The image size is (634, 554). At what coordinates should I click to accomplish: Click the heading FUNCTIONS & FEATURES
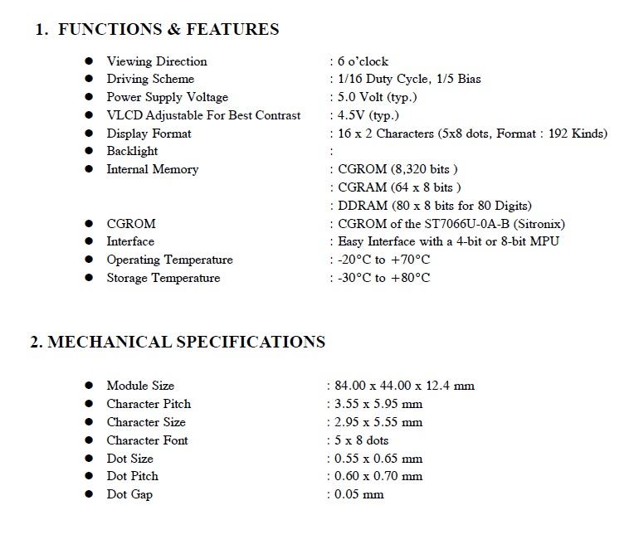coord(168,30)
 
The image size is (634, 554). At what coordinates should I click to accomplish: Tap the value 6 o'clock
coord(363,61)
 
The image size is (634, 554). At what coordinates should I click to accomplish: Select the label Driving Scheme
coord(150,80)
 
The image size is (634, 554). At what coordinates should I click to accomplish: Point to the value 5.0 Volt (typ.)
coord(378,97)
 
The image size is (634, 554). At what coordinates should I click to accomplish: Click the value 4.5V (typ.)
coord(368,115)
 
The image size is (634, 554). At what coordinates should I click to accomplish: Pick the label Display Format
coord(149,134)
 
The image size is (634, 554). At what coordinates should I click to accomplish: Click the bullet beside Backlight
coord(89,152)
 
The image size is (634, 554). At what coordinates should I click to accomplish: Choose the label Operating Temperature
coord(169,260)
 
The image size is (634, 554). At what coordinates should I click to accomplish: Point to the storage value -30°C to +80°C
coord(384,279)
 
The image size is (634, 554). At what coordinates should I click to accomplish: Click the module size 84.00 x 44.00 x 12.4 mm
coord(405,386)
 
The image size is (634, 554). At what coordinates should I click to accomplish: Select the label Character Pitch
coord(149,404)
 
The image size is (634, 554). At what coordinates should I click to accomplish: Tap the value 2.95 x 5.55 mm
coord(378,422)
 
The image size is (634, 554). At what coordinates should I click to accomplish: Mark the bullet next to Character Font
coord(89,440)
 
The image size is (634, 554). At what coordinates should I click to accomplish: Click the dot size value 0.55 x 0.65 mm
coord(378,459)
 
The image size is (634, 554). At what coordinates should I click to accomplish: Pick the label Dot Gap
coord(129,494)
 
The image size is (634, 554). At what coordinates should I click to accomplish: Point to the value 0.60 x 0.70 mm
coord(378,476)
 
